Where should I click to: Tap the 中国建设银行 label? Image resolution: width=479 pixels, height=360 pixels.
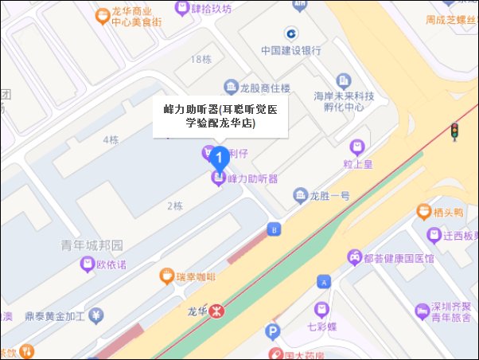[291, 50]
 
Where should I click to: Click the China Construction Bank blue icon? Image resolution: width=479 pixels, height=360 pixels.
[291, 33]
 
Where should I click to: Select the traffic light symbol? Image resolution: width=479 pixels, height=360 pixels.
[454, 131]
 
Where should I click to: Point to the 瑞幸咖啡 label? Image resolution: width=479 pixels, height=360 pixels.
[196, 276]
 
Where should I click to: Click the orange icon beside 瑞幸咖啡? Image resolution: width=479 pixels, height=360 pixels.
[166, 276]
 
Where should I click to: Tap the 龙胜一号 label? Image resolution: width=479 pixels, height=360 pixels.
[329, 195]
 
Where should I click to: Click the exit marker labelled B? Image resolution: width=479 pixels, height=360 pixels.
[275, 229]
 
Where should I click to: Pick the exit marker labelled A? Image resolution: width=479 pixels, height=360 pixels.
[323, 281]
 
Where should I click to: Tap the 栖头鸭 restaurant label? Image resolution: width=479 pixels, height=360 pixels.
[450, 211]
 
